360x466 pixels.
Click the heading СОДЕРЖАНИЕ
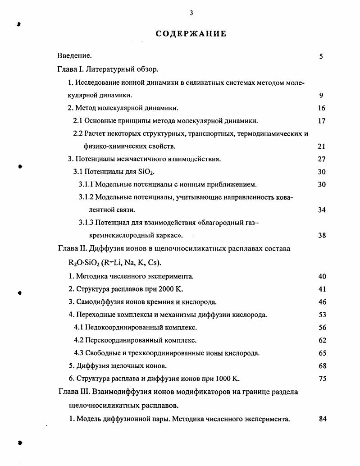coord(191,34)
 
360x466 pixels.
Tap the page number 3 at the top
coord(191,13)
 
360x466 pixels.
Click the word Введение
coord(74,56)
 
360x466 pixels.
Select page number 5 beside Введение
coord(321,56)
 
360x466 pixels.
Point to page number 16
coord(321,108)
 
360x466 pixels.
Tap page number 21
coord(321,146)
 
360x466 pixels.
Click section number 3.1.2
coord(86,197)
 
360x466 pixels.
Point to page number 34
coord(321,210)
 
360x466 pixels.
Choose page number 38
coord(321,235)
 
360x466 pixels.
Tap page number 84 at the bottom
coord(322,419)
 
